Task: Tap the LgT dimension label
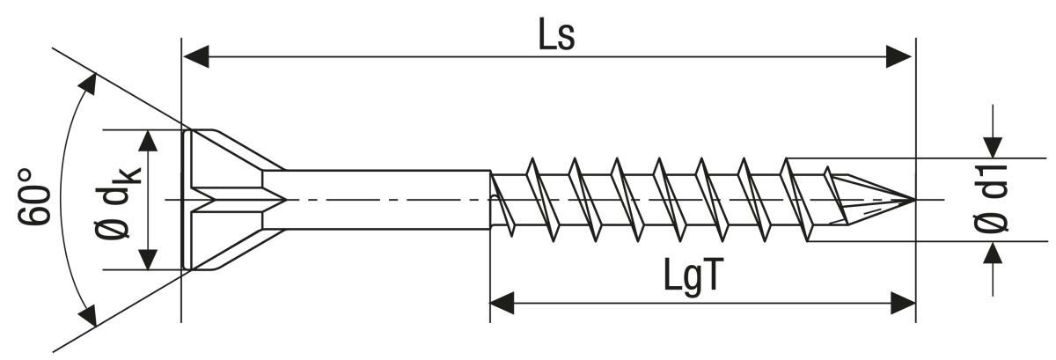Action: [693, 276]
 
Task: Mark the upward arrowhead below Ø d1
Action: [994, 253]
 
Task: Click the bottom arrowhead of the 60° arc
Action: [88, 314]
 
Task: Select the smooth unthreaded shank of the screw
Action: [378, 200]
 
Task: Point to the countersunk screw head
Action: [224, 200]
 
